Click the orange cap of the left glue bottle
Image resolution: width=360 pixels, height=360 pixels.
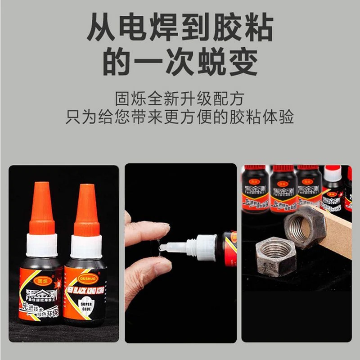pos(42,209)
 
